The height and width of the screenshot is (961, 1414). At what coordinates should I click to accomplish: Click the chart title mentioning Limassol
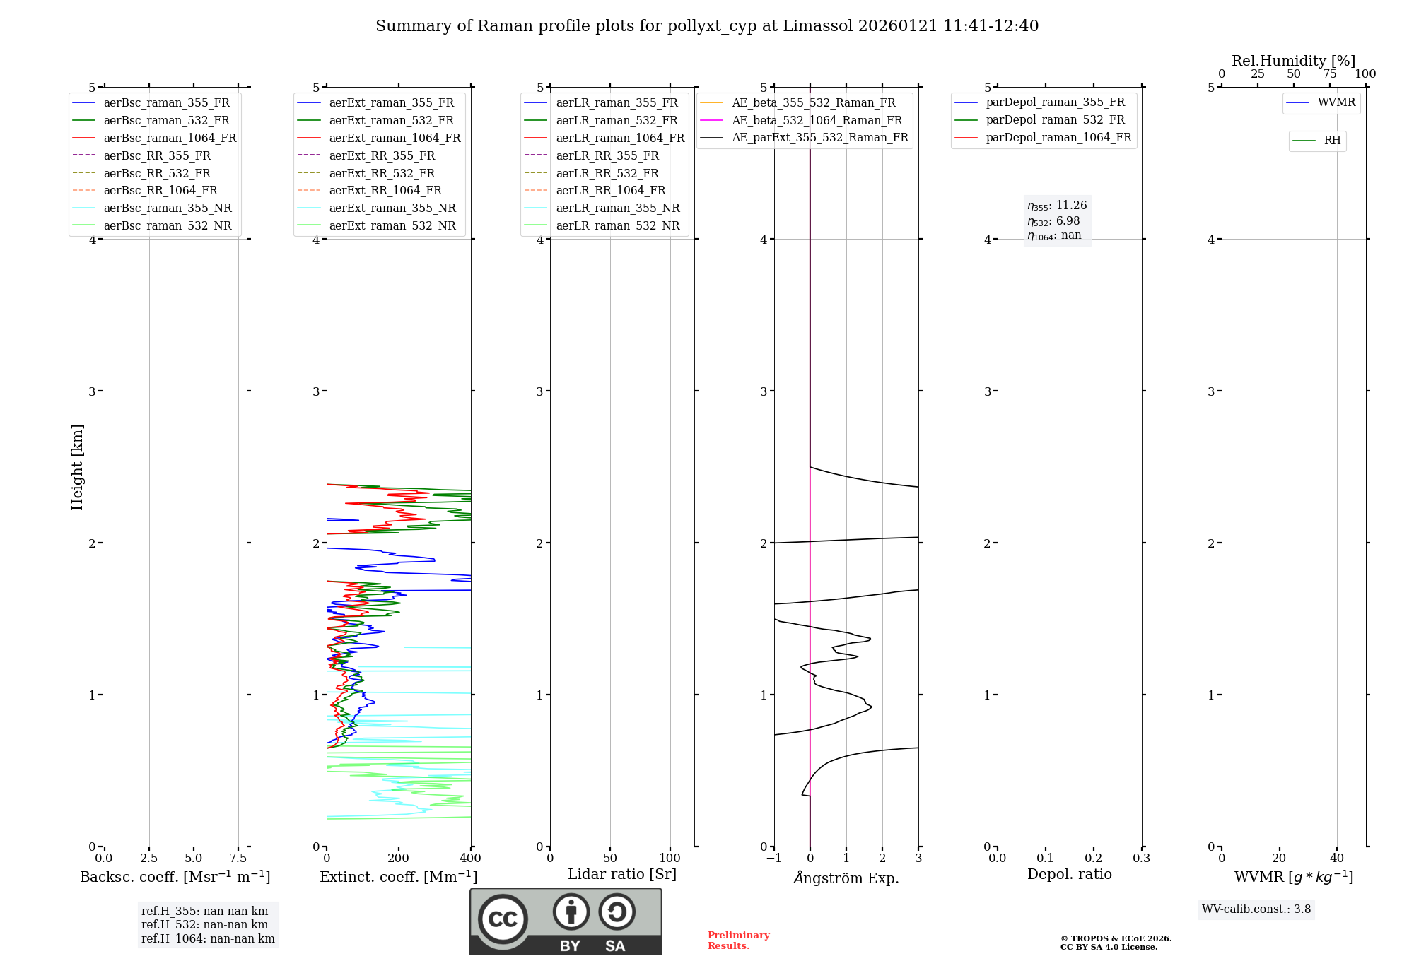[x=707, y=26]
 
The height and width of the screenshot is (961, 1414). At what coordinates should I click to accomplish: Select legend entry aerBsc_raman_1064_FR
[x=170, y=138]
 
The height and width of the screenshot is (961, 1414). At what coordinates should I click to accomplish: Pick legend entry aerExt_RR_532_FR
[x=382, y=173]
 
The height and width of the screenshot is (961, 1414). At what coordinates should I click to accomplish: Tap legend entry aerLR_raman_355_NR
[x=617, y=208]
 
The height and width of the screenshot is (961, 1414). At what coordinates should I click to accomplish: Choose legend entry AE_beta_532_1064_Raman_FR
[x=817, y=120]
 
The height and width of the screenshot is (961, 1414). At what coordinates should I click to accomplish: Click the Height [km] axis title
[x=77, y=467]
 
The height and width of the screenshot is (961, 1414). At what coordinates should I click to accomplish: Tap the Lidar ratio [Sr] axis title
[x=622, y=874]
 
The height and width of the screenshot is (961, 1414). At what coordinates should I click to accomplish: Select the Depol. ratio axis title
[x=1069, y=874]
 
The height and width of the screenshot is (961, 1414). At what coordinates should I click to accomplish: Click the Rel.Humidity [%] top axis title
[x=1293, y=61]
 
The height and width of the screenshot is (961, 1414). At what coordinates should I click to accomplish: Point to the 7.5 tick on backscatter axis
[x=238, y=858]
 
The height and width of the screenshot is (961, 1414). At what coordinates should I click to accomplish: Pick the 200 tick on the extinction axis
[x=399, y=858]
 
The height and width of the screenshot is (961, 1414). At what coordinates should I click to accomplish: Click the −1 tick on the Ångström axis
[x=774, y=858]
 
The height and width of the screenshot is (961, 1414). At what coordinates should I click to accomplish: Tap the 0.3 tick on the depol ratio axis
[x=1141, y=858]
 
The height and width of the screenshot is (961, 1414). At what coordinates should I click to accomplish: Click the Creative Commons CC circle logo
[x=503, y=919]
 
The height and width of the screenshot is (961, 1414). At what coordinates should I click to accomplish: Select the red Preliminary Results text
[x=738, y=941]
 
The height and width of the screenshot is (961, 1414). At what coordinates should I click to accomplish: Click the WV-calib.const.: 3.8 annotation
[x=1256, y=909]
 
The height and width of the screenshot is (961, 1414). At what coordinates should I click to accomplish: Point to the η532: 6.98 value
[x=1053, y=221]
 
